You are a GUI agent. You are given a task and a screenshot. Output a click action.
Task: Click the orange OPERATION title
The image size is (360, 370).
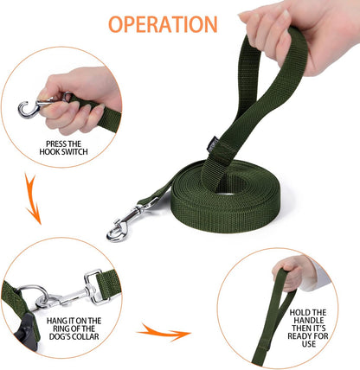(163, 23)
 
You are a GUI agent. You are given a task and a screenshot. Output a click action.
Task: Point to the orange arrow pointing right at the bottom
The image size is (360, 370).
(164, 330)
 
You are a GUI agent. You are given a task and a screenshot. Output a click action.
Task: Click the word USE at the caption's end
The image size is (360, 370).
(308, 354)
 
